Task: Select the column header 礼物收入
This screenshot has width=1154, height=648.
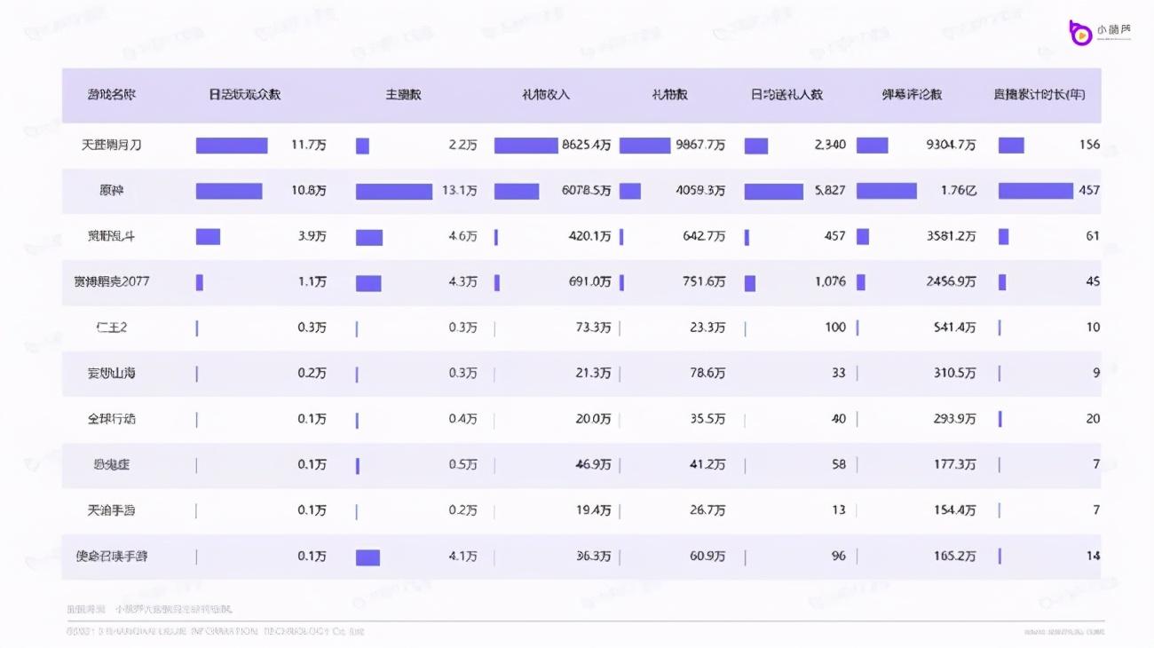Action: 545,94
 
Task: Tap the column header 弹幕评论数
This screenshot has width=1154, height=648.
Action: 912,94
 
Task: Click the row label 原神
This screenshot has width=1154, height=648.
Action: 112,190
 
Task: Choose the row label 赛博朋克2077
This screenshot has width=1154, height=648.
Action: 112,281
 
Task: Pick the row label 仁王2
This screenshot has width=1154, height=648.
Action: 112,328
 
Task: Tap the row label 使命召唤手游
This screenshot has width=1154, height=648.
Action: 112,557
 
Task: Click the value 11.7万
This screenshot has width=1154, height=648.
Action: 309,145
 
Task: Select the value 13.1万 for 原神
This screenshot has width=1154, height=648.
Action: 460,190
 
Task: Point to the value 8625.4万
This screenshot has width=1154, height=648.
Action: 586,145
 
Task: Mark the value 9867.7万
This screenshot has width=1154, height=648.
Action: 700,145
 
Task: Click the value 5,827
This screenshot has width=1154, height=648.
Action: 830,190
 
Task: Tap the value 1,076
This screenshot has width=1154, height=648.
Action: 830,281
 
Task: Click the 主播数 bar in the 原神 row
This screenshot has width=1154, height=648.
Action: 394,191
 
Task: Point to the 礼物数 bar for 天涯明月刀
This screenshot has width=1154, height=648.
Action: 644,145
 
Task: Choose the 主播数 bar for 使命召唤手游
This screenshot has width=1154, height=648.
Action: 368,557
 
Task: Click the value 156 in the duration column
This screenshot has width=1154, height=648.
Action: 1089,145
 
